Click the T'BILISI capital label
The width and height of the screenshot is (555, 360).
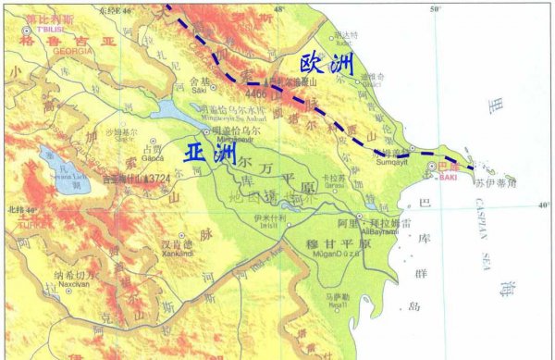36,26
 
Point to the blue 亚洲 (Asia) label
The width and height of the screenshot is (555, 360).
209,154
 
